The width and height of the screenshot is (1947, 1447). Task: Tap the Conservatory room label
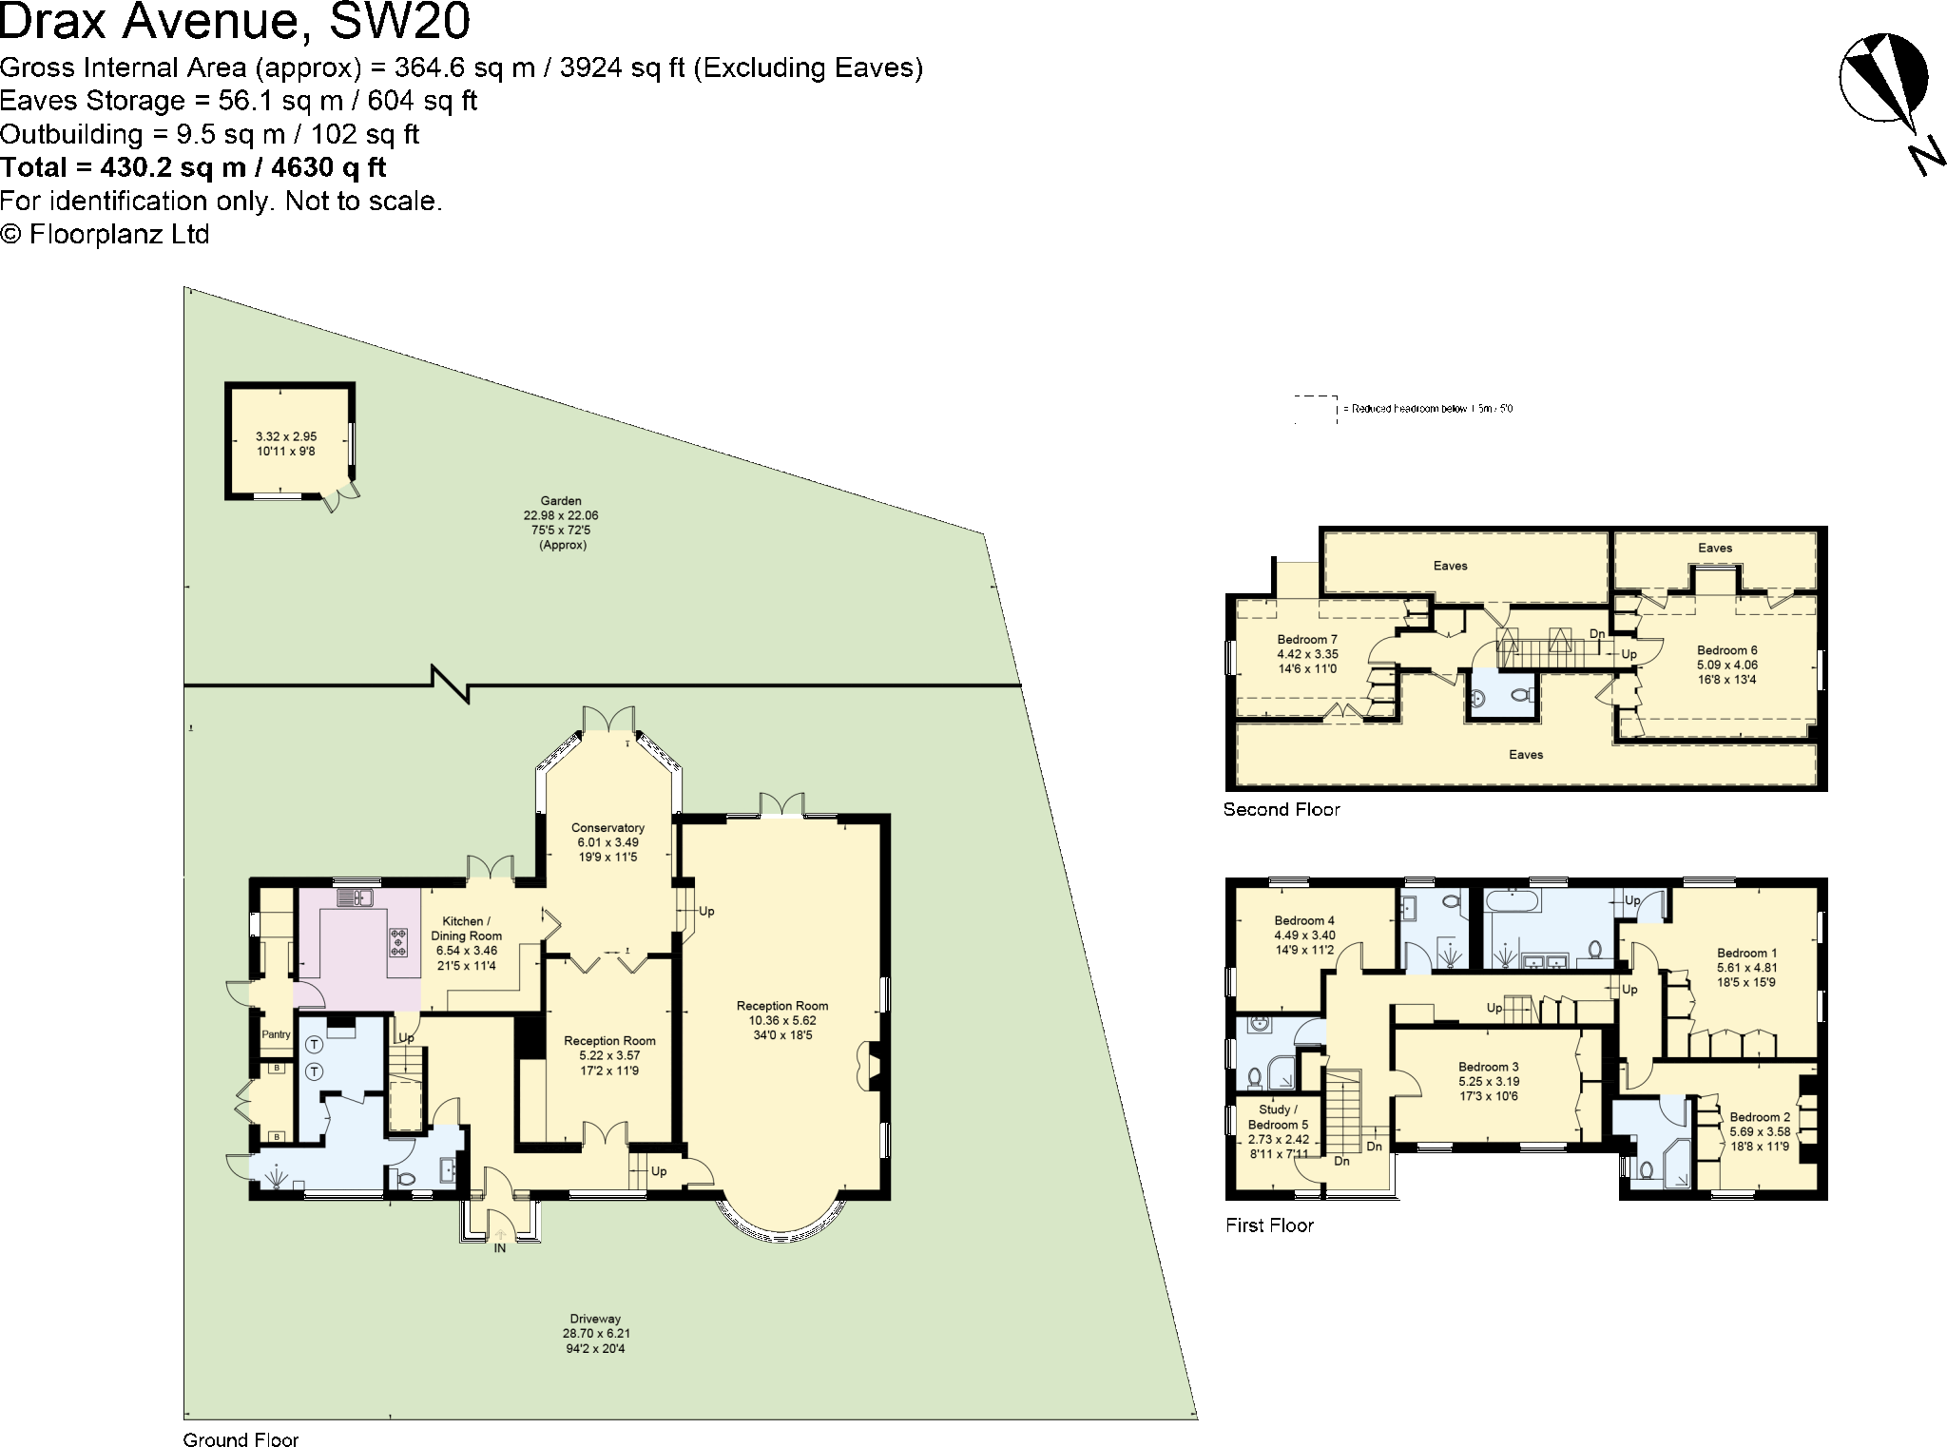[x=607, y=828]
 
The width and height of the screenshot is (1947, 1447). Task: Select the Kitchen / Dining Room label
[x=466, y=929]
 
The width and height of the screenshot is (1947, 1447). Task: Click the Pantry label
[x=276, y=1034]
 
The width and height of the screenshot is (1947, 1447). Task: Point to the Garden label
[x=561, y=501]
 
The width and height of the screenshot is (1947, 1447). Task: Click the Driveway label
[x=595, y=1319]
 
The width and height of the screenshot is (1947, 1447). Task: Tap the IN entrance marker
[x=499, y=1248]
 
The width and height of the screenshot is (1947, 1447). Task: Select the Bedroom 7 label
[x=1307, y=640]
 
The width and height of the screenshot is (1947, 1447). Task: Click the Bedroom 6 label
[x=1727, y=651]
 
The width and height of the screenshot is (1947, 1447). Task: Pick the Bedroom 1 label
[x=1746, y=954]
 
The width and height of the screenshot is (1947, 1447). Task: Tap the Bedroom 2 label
[x=1760, y=1117]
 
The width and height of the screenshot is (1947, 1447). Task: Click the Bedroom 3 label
[x=1489, y=1067]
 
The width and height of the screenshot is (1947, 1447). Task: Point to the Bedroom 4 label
[x=1304, y=920]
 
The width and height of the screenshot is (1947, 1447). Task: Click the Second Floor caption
[x=1282, y=810]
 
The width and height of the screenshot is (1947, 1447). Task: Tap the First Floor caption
[x=1269, y=1225]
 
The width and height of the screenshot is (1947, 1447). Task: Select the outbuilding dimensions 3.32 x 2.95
[x=286, y=436]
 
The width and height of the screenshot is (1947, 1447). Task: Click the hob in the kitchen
[x=397, y=941]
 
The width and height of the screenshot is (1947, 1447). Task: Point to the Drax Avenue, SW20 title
[x=235, y=23]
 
